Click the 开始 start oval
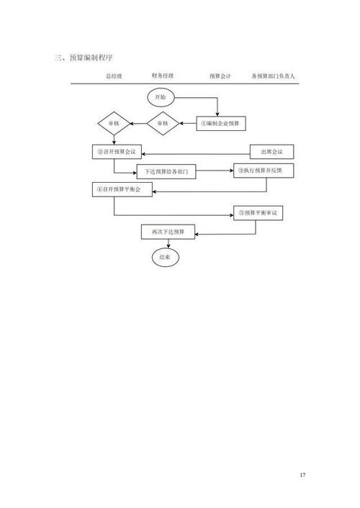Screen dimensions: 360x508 (x=161, y=98)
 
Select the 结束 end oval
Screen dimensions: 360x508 (x=166, y=258)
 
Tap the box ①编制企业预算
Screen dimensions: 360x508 (x=221, y=124)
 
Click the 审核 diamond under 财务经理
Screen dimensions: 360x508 (x=163, y=124)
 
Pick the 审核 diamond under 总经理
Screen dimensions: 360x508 (x=114, y=124)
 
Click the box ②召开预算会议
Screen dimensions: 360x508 (x=117, y=152)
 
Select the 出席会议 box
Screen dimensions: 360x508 (x=271, y=152)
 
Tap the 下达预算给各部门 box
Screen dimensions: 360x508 (x=166, y=171)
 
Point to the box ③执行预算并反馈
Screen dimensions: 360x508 (x=264, y=171)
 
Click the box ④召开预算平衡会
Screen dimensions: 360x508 (x=122, y=189)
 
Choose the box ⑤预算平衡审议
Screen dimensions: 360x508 (x=258, y=213)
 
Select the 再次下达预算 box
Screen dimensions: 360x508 (x=168, y=232)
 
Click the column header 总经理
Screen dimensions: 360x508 (x=114, y=76)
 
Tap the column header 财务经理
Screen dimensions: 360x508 (x=163, y=76)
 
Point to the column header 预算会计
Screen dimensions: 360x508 (x=220, y=76)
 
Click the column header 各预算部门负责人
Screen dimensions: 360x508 (x=273, y=76)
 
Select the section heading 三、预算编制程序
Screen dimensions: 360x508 (x=84, y=58)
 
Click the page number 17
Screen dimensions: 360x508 (x=302, y=475)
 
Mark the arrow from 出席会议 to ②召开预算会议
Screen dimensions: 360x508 (x=196, y=154)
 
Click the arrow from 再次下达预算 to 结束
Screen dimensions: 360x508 (x=168, y=244)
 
